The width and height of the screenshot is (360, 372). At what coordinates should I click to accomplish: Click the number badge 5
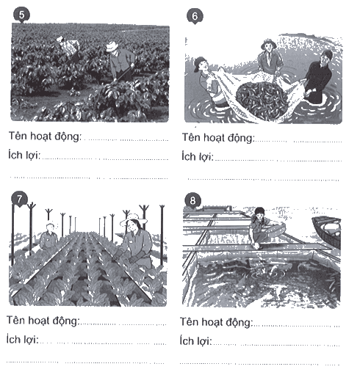pyautogui.click(x=21, y=15)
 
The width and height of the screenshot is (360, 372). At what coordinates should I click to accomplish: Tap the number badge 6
pyautogui.click(x=195, y=16)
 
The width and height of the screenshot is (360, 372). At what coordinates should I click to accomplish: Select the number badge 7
pyautogui.click(x=19, y=200)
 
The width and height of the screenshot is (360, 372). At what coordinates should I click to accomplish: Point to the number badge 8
pyautogui.click(x=192, y=201)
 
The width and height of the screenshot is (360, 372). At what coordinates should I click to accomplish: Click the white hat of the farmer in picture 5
pyautogui.click(x=112, y=46)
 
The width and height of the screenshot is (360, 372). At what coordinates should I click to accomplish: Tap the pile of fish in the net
pyautogui.click(x=262, y=101)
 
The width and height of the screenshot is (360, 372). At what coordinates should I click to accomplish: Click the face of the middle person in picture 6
pyautogui.click(x=269, y=46)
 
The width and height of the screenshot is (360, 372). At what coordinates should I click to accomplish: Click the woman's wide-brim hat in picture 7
pyautogui.click(x=134, y=219)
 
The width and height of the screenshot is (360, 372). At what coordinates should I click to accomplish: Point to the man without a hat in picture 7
pyautogui.click(x=49, y=236)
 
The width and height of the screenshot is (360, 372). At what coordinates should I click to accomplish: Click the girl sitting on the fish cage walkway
pyautogui.click(x=266, y=228)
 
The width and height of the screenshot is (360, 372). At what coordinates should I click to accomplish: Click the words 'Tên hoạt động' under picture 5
pyautogui.click(x=45, y=136)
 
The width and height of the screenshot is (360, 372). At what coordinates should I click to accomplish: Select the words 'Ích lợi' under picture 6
pyautogui.click(x=198, y=156)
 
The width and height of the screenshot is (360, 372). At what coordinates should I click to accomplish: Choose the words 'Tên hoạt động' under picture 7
pyautogui.click(x=43, y=321)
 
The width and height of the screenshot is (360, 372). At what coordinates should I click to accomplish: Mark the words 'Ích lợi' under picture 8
pyautogui.click(x=195, y=340)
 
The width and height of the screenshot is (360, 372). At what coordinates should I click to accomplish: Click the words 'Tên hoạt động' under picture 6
pyautogui.click(x=218, y=138)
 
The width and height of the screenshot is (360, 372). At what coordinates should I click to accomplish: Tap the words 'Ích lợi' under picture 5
pyautogui.click(x=24, y=155)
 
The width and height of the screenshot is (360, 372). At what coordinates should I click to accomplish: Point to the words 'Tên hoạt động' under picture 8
pyautogui.click(x=216, y=322)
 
